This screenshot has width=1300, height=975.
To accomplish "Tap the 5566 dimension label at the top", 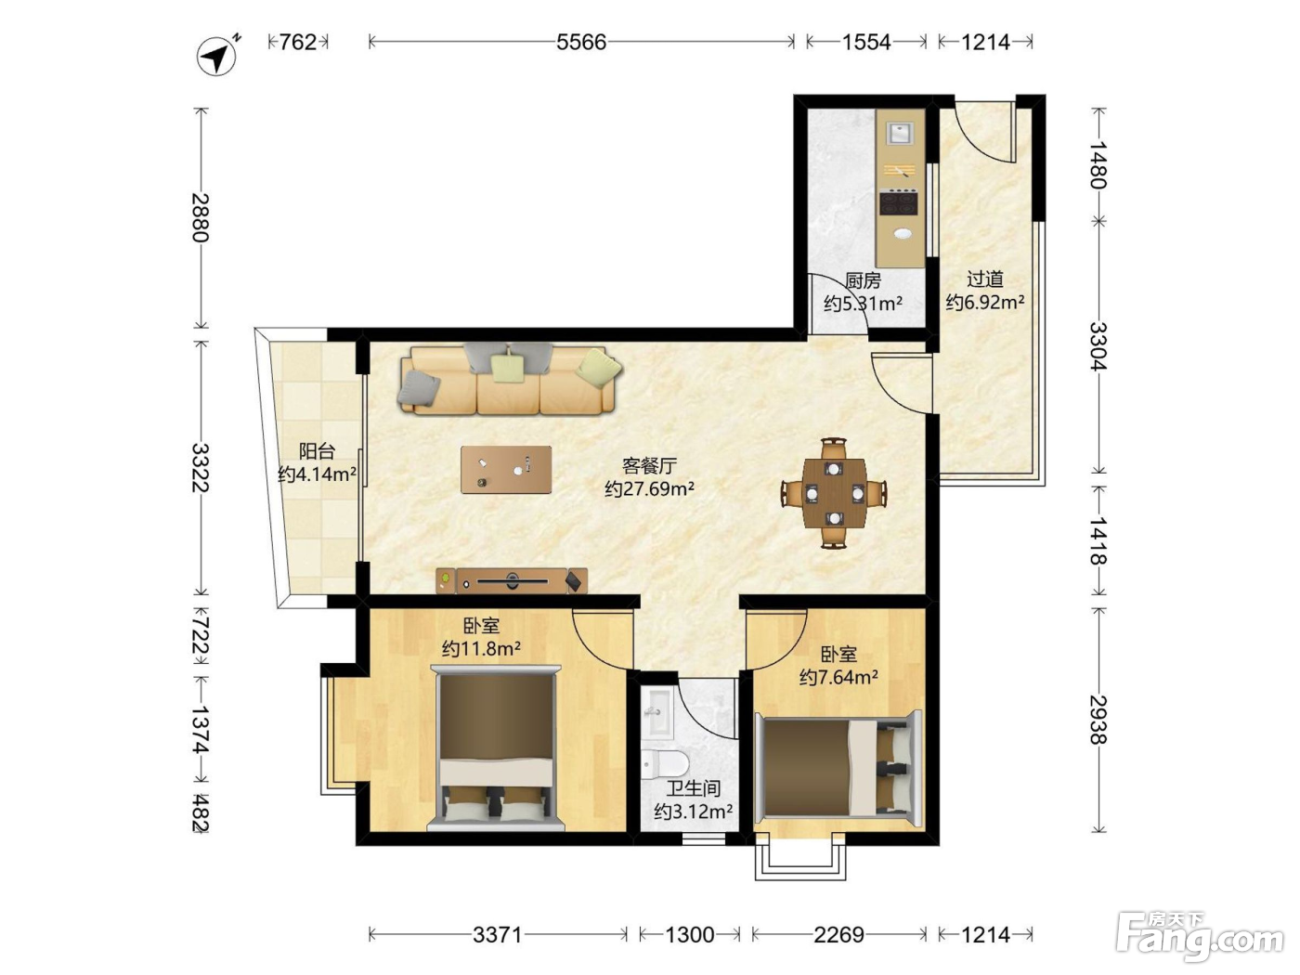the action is [581, 42].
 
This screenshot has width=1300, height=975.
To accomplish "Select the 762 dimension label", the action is [297, 42].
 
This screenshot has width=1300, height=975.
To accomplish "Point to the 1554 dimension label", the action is [866, 42].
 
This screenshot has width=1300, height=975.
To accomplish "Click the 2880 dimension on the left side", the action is [201, 217].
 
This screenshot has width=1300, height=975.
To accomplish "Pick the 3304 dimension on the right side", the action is [1098, 345].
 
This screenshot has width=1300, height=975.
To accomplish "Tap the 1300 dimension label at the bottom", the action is [689, 935].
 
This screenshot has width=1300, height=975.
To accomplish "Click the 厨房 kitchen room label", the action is [863, 280].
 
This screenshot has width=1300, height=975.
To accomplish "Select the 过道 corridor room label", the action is [985, 279].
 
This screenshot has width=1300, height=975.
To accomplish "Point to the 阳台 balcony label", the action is [317, 451].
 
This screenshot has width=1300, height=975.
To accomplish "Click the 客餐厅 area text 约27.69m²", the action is [649, 489].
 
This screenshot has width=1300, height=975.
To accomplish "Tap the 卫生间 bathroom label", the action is [693, 788].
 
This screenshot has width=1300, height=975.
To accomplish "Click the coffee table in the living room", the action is [506, 470].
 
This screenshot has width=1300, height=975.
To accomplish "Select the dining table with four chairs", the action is [834, 493].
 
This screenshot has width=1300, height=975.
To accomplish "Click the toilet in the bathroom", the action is [664, 763].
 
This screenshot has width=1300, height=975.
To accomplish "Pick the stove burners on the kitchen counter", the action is [899, 201].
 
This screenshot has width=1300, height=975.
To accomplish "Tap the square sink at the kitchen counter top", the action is [899, 132].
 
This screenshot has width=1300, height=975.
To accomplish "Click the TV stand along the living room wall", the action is [512, 580].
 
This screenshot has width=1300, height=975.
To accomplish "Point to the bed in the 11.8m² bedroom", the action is [495, 747].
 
